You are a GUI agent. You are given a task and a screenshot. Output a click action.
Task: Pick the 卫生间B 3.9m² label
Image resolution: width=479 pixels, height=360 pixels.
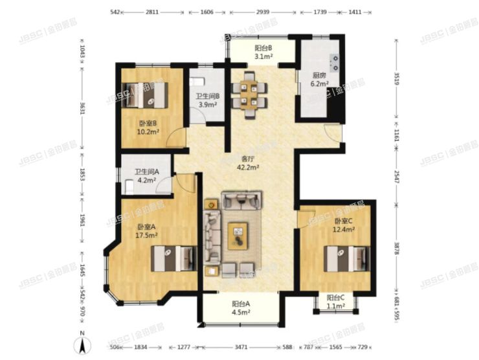tap(208, 100)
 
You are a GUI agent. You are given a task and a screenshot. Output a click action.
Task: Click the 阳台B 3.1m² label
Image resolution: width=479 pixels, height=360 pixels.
tap(263, 52)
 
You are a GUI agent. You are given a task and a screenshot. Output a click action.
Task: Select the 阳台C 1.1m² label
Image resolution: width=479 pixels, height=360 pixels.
tap(335, 302)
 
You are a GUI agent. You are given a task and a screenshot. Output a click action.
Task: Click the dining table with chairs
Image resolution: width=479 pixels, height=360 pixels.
tap(249, 91)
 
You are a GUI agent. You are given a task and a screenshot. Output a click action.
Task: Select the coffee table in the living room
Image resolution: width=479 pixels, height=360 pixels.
tap(237, 235)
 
